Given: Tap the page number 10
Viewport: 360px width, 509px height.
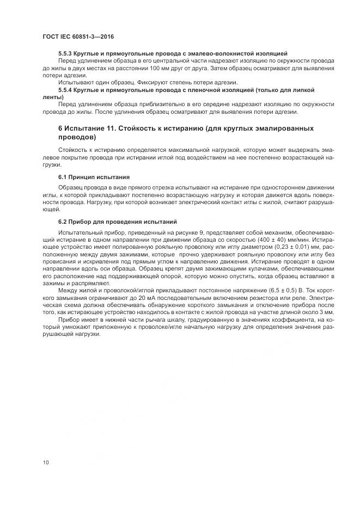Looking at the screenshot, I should pyautogui.click(x=46, y=462).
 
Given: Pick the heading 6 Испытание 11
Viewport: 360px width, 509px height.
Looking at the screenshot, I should pyautogui.click(x=98, y=128).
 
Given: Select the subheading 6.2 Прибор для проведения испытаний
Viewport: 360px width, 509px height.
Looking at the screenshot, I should pyautogui.click(x=118, y=222).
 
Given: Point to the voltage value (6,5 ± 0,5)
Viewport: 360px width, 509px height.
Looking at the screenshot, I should pyautogui.click(x=281, y=291).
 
